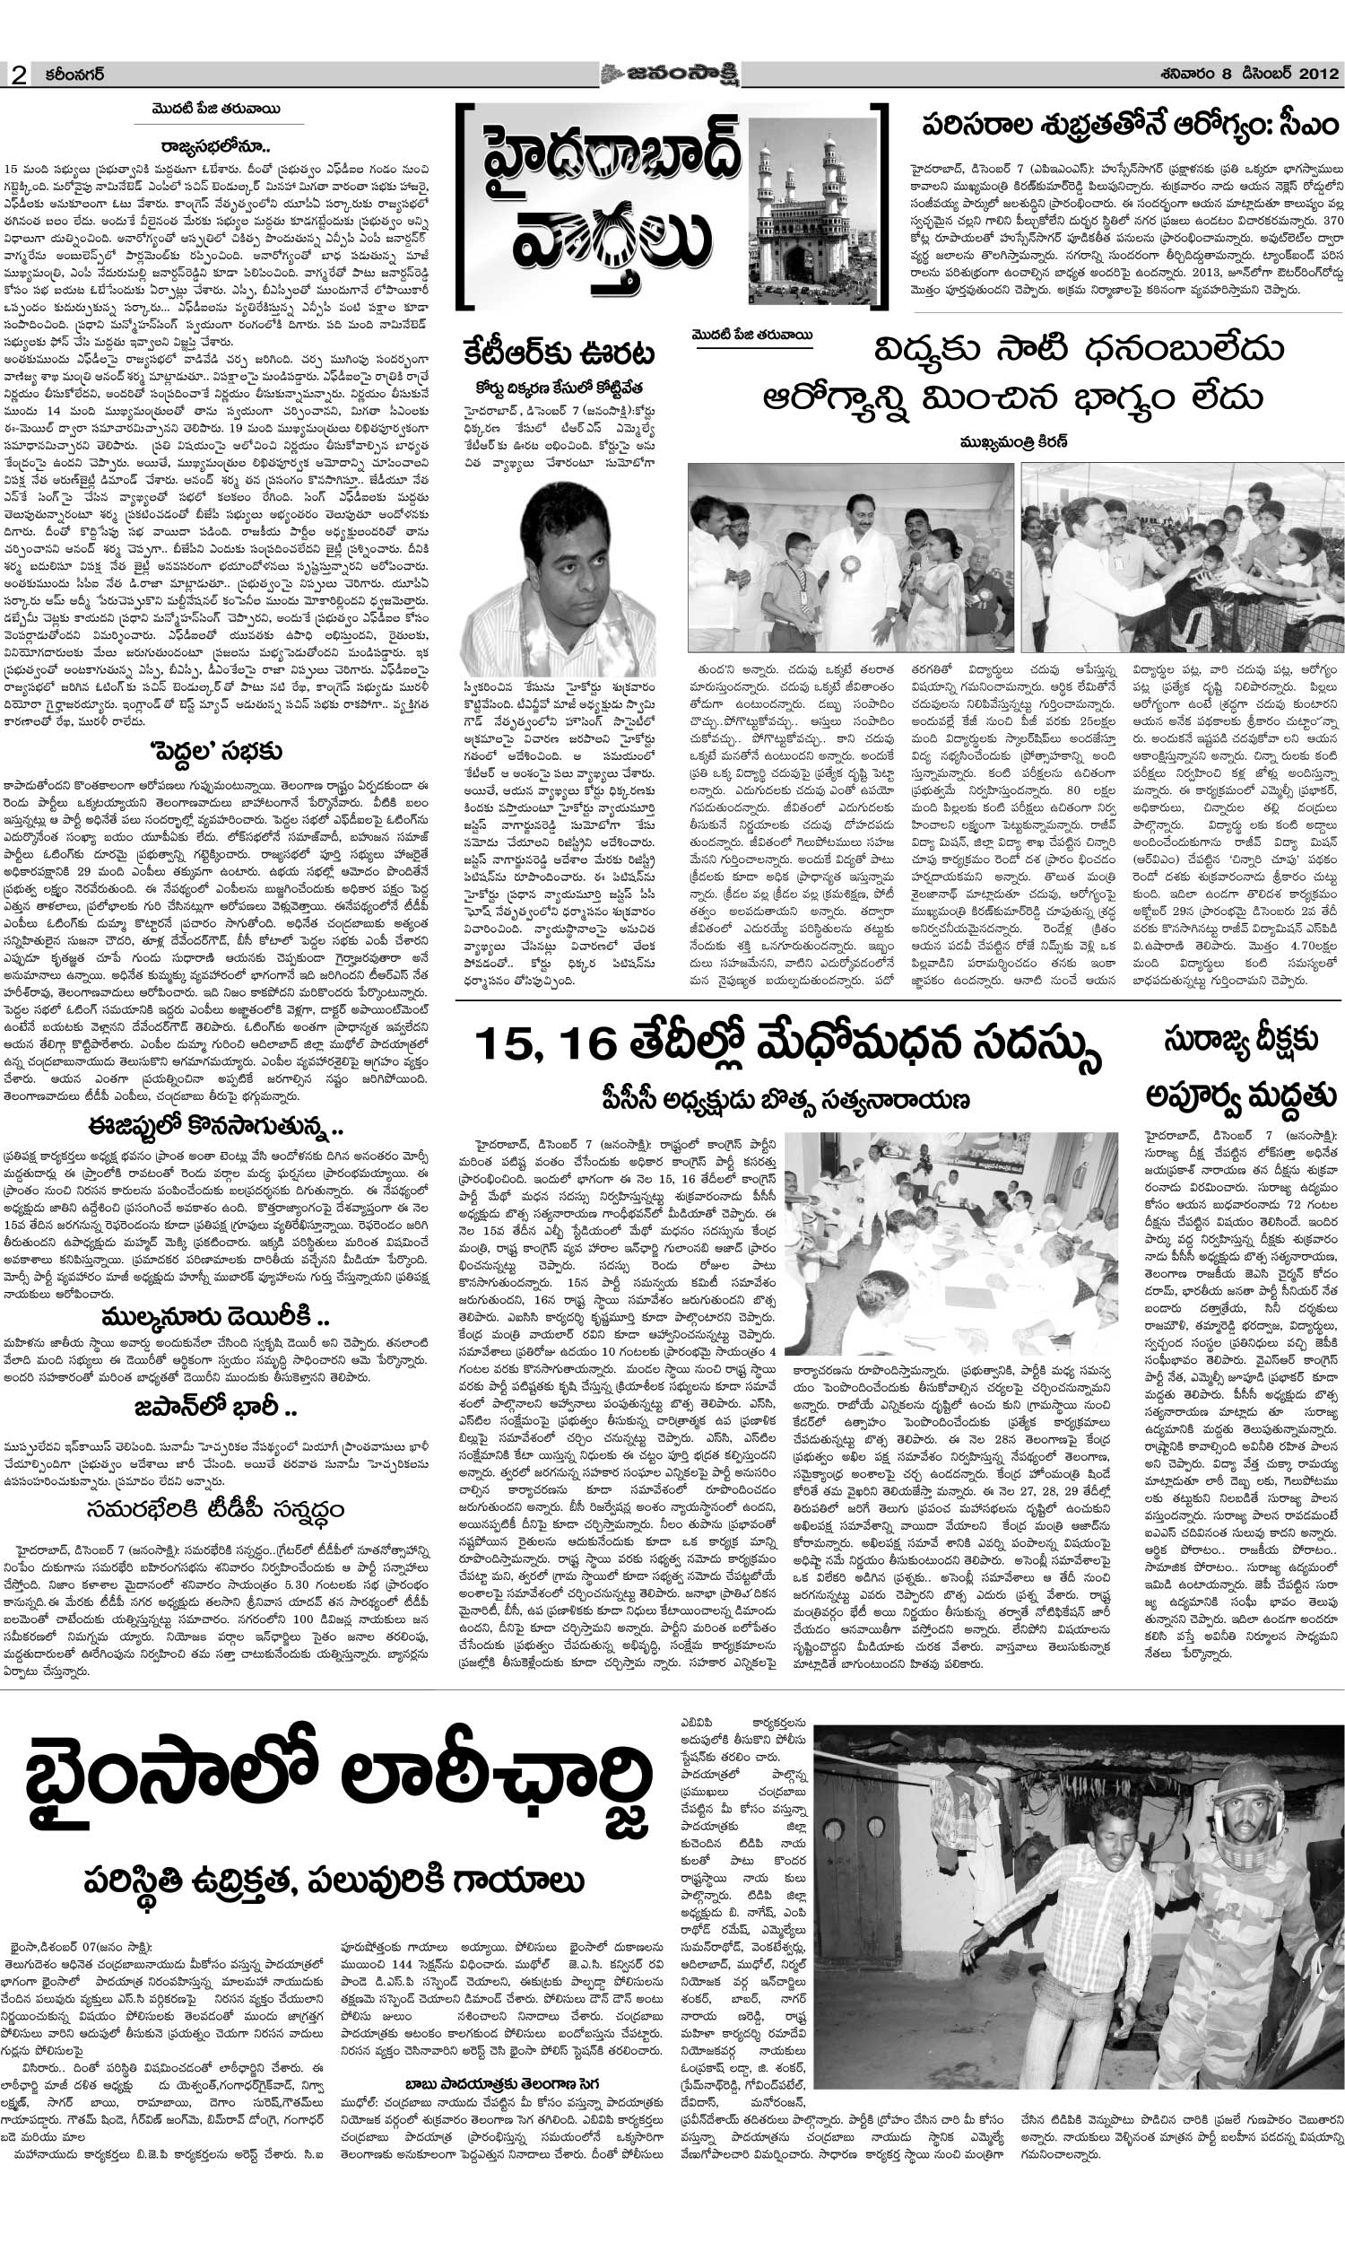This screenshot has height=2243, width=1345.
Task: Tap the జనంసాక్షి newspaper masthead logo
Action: pyautogui.click(x=669, y=74)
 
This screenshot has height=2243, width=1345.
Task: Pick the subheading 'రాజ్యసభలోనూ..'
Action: pyautogui.click(x=218, y=145)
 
